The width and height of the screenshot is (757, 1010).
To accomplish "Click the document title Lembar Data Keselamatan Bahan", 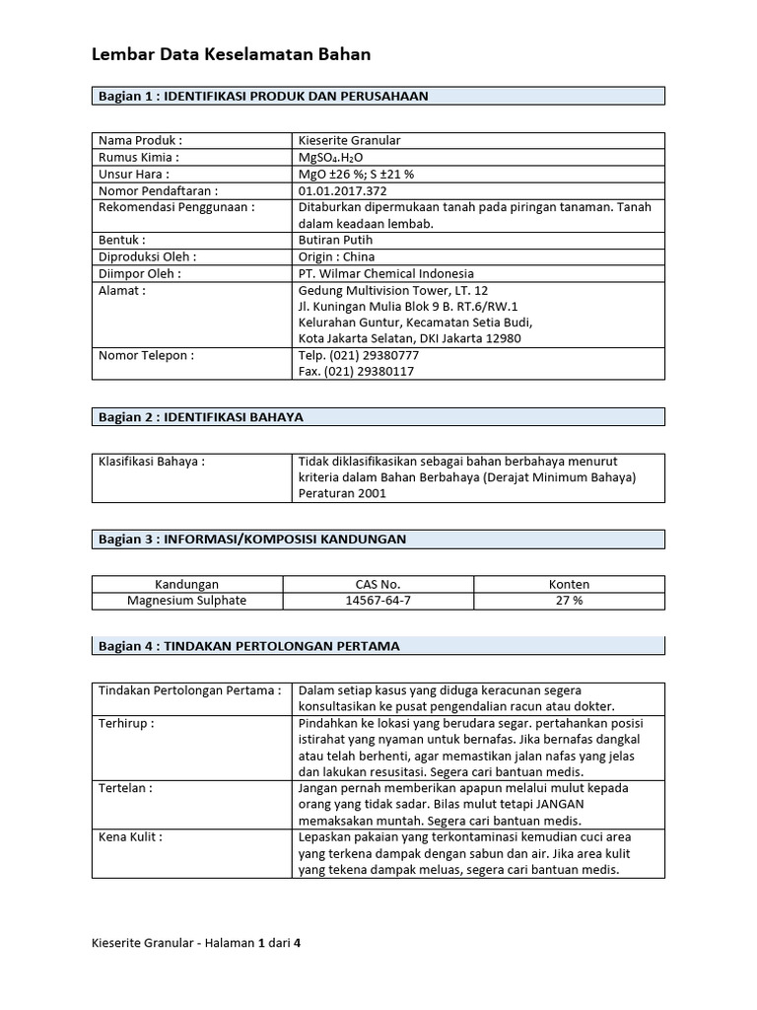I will [232, 55].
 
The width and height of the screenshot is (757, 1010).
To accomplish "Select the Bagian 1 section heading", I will [262, 96].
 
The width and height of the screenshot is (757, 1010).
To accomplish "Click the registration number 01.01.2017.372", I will [342, 190].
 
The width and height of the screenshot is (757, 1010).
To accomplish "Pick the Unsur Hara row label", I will [128, 174].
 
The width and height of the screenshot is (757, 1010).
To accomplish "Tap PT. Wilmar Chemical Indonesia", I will [385, 273].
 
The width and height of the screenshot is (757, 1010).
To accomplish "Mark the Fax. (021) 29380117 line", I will [356, 372].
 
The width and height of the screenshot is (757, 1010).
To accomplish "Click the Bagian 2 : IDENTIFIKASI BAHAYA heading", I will [200, 417].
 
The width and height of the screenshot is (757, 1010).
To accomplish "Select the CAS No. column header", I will [378, 584].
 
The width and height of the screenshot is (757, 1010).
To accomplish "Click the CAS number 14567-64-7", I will [378, 600].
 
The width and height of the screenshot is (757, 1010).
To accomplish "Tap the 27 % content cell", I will [569, 600].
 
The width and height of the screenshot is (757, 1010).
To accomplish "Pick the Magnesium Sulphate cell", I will [187, 600].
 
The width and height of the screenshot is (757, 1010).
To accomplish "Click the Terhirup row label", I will [126, 723].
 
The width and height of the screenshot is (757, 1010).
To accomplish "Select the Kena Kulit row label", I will [130, 836].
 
